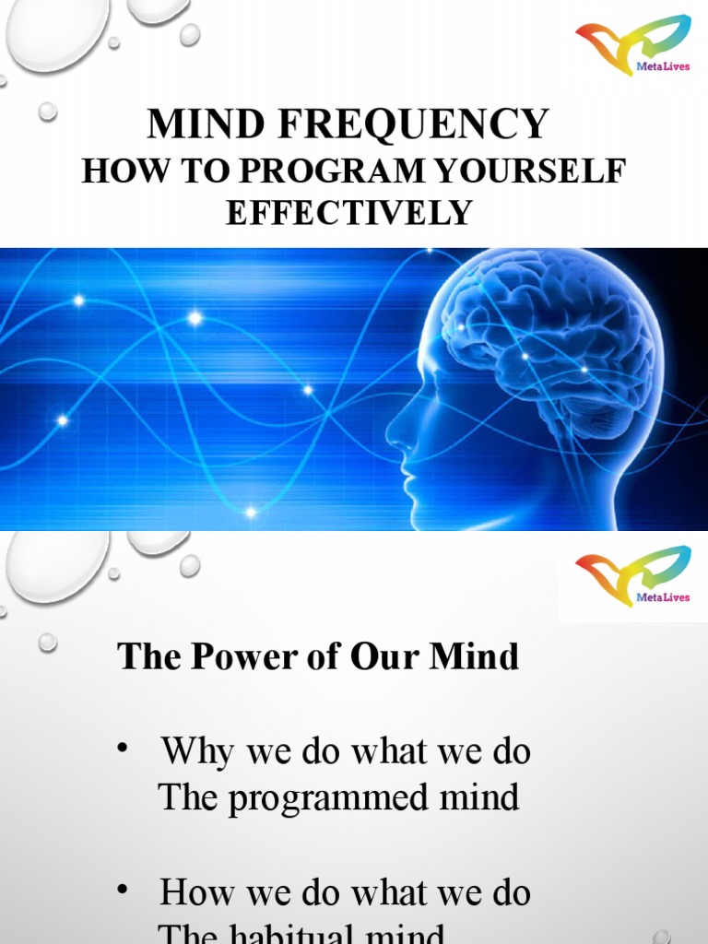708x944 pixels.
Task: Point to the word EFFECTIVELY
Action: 348,213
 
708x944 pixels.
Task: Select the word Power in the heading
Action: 230,657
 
